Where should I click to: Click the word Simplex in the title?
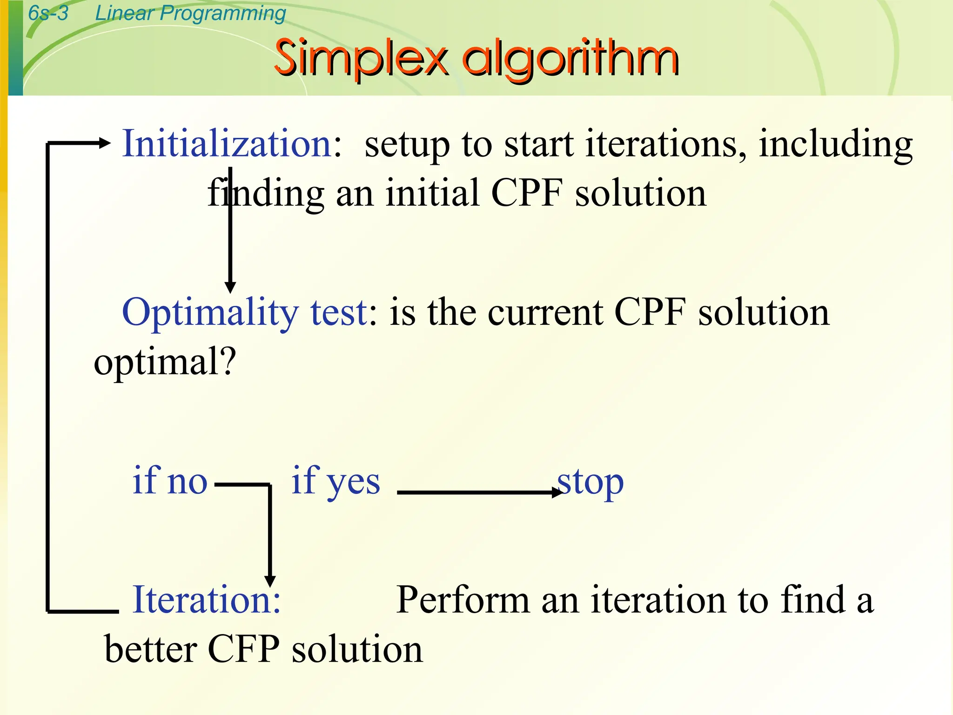pos(361,59)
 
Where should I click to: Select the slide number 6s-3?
pos(48,13)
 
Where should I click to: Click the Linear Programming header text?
pos(190,13)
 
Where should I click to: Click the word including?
pos(835,145)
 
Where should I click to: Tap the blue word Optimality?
pos(210,313)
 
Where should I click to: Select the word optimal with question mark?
pos(165,362)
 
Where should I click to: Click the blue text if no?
pos(170,480)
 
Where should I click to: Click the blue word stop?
pos(591,482)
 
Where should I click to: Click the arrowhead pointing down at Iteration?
pos(269,580)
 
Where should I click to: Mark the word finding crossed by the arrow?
pos(265,193)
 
